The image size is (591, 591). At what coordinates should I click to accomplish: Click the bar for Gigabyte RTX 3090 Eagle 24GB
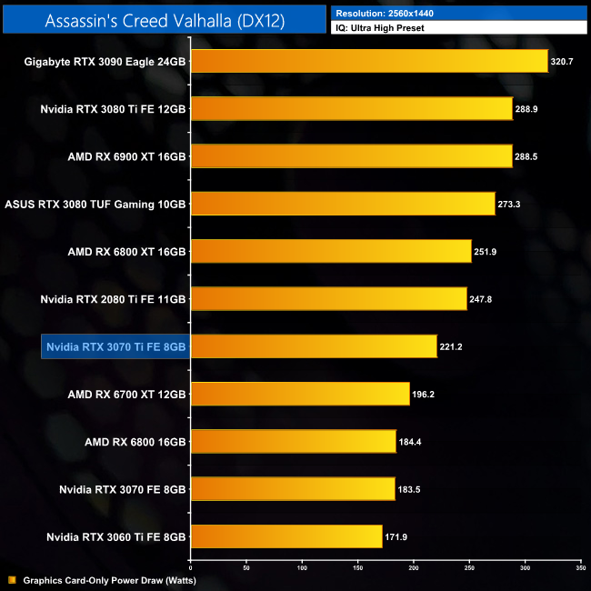point(368,62)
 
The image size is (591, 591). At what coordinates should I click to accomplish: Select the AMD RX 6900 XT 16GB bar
point(351,156)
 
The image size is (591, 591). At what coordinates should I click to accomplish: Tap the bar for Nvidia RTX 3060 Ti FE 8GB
point(285,536)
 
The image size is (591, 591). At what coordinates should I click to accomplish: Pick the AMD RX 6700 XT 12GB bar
point(299,394)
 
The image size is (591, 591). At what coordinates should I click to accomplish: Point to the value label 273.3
point(508,205)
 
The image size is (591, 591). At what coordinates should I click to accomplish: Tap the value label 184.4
point(409,442)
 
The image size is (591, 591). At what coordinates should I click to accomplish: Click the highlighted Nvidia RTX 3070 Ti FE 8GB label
point(115,346)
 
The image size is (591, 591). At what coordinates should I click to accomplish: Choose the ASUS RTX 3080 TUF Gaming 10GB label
point(95,205)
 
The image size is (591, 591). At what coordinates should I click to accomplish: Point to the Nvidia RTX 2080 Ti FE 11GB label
point(114,299)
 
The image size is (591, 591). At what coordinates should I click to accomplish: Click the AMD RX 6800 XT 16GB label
point(126,252)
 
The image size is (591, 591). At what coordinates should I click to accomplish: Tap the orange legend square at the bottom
point(12,580)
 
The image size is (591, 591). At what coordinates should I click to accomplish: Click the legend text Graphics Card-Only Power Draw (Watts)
point(109,580)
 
